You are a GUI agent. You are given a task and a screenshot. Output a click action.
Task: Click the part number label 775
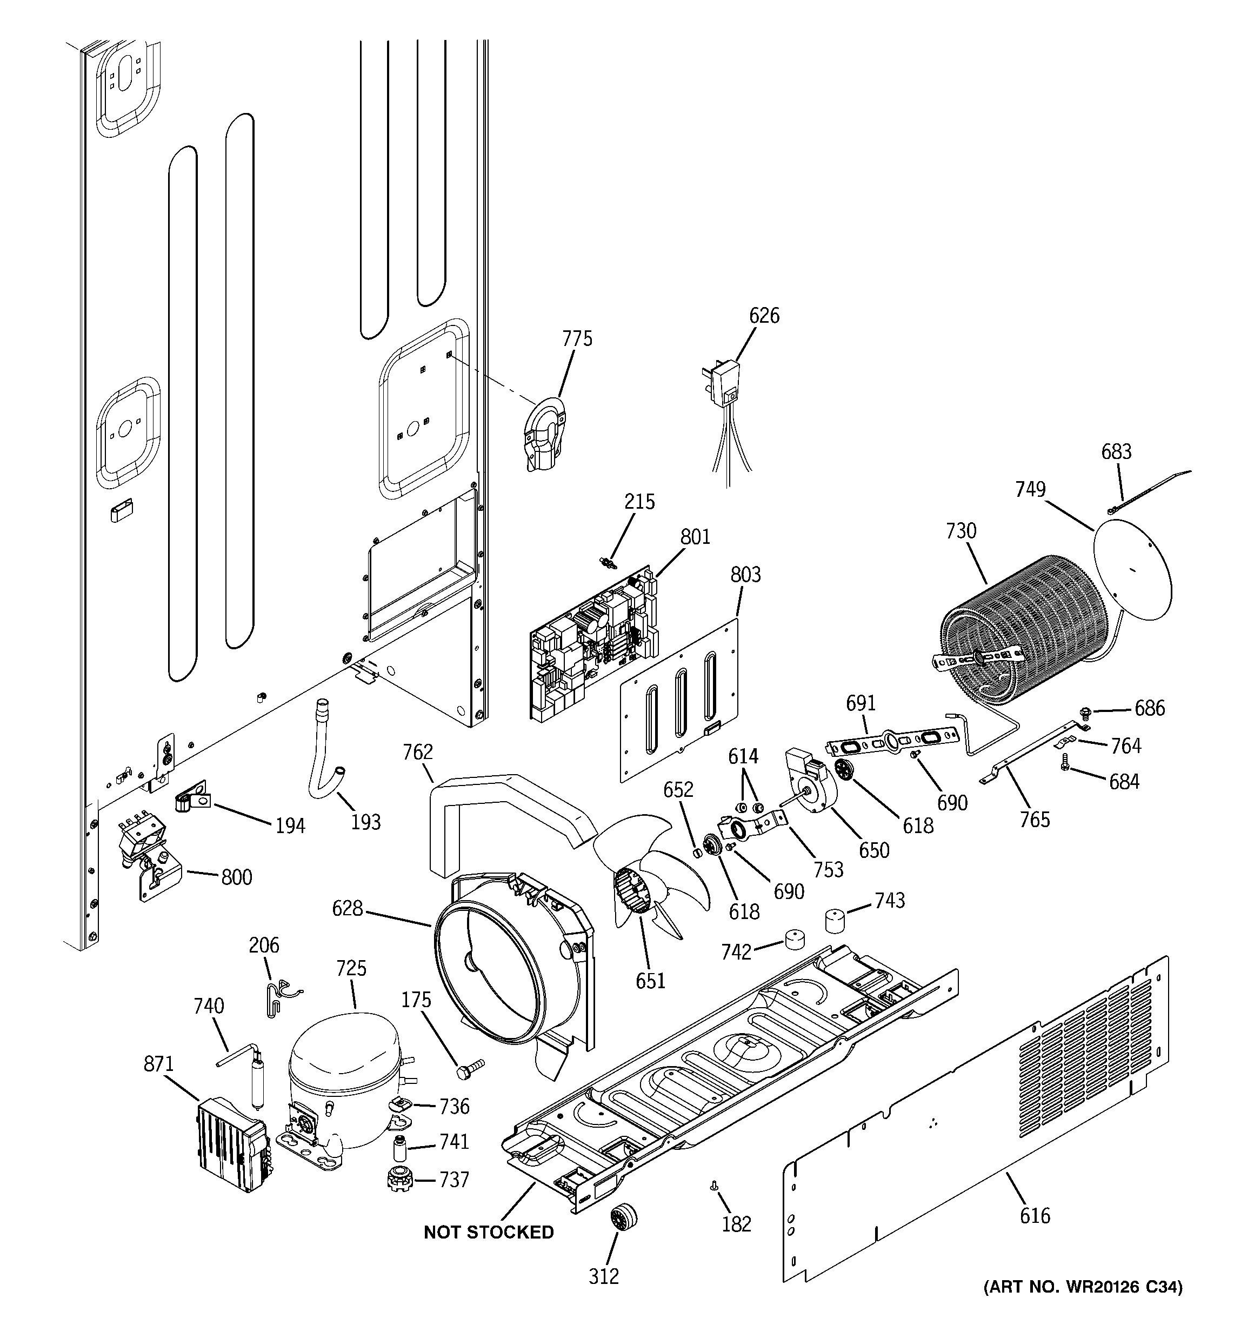tap(577, 338)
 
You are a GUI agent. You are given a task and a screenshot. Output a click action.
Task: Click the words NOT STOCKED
tap(489, 1233)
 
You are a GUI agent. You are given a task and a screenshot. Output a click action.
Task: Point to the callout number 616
tap(1034, 1215)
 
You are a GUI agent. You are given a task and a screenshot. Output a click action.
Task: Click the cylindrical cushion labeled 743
tap(835, 920)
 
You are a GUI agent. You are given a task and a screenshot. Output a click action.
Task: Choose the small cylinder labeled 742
tap(795, 939)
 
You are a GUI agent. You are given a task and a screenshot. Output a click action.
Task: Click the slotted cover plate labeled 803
tap(678, 700)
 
